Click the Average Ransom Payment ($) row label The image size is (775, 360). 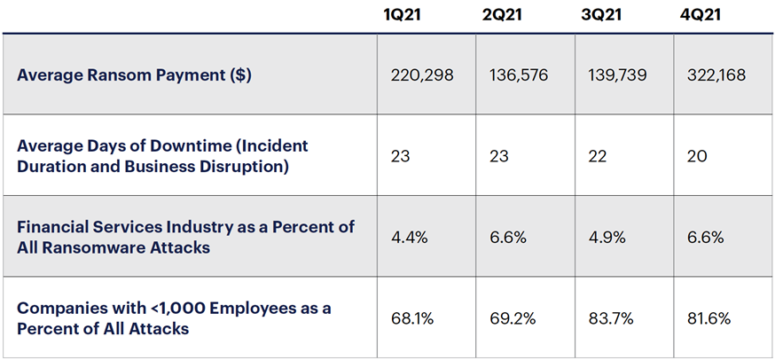[134, 74]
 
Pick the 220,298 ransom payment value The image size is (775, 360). [422, 74]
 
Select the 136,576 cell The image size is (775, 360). [519, 74]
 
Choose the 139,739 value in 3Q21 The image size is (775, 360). [617, 74]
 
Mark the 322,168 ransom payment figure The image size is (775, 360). [716, 74]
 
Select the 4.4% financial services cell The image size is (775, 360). [408, 237]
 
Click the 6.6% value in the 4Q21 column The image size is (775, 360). [705, 237]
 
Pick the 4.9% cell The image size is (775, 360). [606, 237]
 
